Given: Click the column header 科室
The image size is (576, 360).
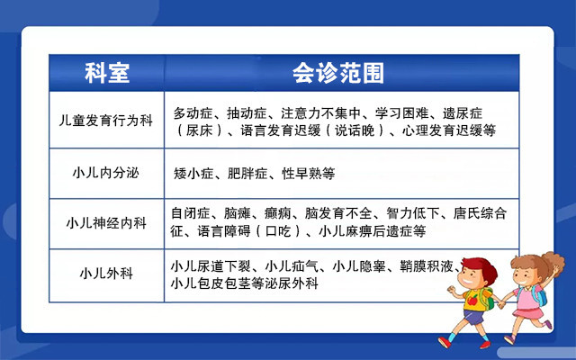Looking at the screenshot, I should pos(107,73).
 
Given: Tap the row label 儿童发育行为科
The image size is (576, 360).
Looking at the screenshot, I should pos(107,122).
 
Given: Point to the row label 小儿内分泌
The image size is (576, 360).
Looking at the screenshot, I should pos(107,171).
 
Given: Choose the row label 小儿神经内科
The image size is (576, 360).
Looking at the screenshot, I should pos(107,222).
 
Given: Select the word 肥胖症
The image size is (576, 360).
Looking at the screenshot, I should pos(248,172).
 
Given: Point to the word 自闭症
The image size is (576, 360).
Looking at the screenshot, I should pos(189,214).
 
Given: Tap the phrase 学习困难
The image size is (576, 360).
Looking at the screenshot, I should pos(408,113).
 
